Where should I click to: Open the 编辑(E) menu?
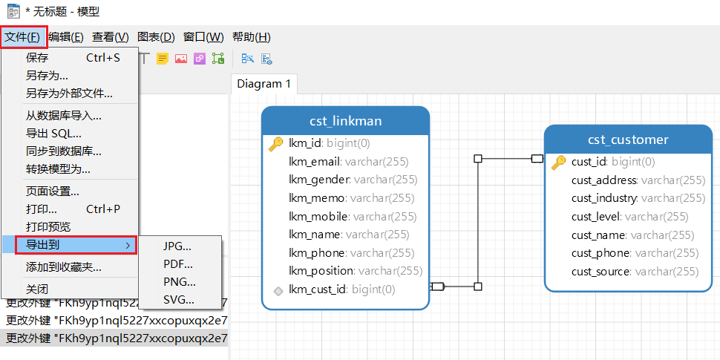65,37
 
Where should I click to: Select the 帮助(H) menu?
251,37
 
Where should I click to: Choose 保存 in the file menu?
37,58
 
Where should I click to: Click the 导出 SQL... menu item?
53,134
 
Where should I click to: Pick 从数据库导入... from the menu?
64,115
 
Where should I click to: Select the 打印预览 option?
48,227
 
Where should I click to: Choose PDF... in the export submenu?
178,264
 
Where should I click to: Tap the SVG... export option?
179,300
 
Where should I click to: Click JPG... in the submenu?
177,246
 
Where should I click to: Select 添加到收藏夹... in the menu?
64,267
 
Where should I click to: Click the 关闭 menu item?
37,289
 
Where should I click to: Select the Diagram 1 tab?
264,84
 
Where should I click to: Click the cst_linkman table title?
346,121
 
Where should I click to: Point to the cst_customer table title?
628,140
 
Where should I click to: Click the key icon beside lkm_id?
276,144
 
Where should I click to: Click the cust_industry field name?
604,198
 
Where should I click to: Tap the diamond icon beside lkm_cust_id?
278,289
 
